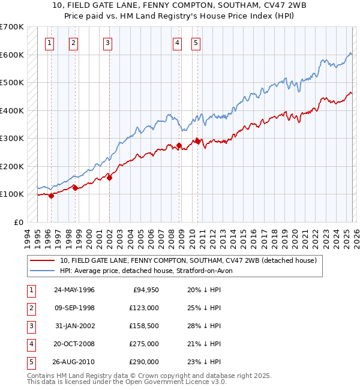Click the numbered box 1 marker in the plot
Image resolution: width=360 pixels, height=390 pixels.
(49, 43)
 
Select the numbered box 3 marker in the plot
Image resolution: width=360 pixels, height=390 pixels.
(107, 43)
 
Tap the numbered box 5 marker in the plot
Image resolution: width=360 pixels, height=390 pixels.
(196, 43)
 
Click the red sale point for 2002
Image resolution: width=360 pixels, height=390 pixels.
(110, 177)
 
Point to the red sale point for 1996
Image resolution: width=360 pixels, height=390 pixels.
(52, 195)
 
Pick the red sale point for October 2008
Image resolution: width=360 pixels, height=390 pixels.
(179, 145)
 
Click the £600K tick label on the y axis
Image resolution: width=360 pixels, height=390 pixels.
(12, 55)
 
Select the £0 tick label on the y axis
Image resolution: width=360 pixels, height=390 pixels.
(19, 222)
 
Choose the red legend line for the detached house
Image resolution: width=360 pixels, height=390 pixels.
(43, 260)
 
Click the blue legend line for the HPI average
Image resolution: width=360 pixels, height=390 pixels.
(43, 271)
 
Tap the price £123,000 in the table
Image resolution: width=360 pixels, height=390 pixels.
(145, 308)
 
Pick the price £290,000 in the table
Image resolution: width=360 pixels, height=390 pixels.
(145, 362)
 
